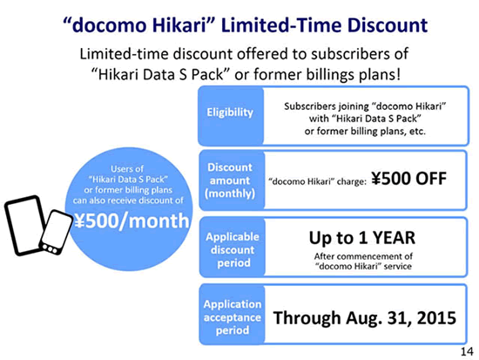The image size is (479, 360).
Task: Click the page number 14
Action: [467, 351]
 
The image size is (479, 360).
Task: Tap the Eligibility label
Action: [230, 112]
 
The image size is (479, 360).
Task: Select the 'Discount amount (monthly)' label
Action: [230, 180]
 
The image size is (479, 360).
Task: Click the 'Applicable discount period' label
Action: [233, 249]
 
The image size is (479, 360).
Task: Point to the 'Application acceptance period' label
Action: [233, 317]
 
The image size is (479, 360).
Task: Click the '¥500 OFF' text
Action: [409, 179]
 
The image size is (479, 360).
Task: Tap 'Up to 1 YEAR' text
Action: [362, 238]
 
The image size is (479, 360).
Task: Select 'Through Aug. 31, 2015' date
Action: [365, 318]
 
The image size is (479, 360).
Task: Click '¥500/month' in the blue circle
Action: [132, 221]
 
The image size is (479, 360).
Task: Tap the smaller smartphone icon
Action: [57, 233]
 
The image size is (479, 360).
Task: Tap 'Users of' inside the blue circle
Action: [127, 169]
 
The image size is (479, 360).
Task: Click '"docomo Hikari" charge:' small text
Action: [317, 181]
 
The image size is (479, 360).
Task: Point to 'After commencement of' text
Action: [363, 256]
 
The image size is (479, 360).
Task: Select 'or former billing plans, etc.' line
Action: [365, 132]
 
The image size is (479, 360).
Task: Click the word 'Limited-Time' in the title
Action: [281, 25]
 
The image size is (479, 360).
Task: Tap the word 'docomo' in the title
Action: [109, 25]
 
